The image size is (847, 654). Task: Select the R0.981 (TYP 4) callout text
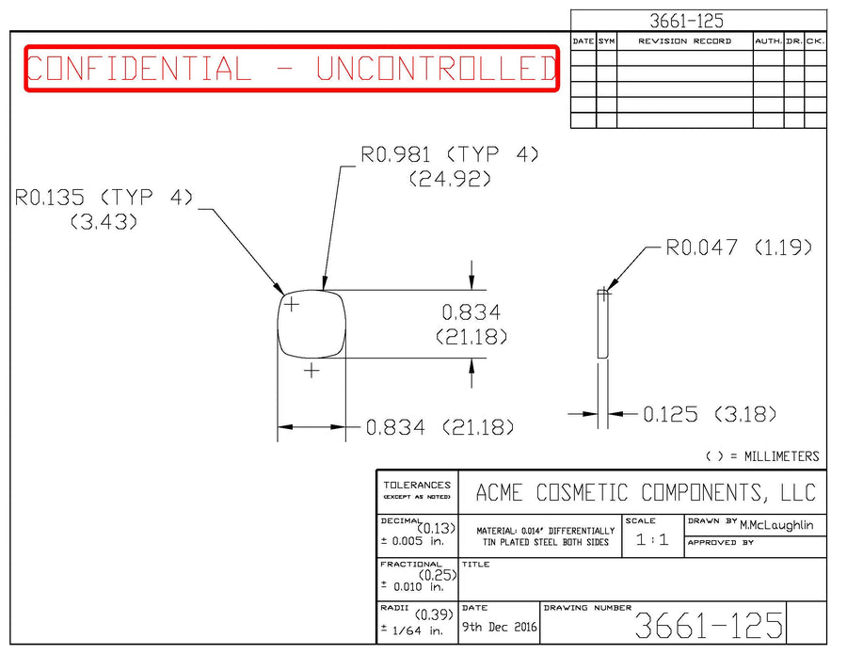click(x=450, y=154)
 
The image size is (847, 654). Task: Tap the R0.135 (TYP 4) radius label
click(x=104, y=198)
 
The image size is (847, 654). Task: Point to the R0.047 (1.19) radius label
click(x=739, y=248)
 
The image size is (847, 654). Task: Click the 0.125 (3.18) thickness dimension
click(x=710, y=414)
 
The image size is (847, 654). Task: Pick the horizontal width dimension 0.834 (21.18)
click(x=440, y=428)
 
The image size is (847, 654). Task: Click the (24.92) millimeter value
click(x=450, y=179)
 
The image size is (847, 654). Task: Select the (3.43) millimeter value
click(x=104, y=222)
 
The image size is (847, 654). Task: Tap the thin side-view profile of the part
click(x=603, y=323)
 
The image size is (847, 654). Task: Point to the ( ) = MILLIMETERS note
click(x=761, y=456)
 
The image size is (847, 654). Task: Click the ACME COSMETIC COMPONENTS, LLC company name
click(x=646, y=492)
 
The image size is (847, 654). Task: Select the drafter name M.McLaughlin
click(x=776, y=525)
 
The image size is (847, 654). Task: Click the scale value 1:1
click(x=652, y=540)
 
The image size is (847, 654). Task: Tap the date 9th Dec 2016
click(x=500, y=627)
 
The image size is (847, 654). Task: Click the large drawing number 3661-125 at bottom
click(x=709, y=626)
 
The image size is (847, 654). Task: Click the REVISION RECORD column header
click(x=684, y=41)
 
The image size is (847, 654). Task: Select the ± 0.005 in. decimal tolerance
click(x=411, y=541)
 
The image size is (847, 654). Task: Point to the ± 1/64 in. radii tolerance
click(x=411, y=630)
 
